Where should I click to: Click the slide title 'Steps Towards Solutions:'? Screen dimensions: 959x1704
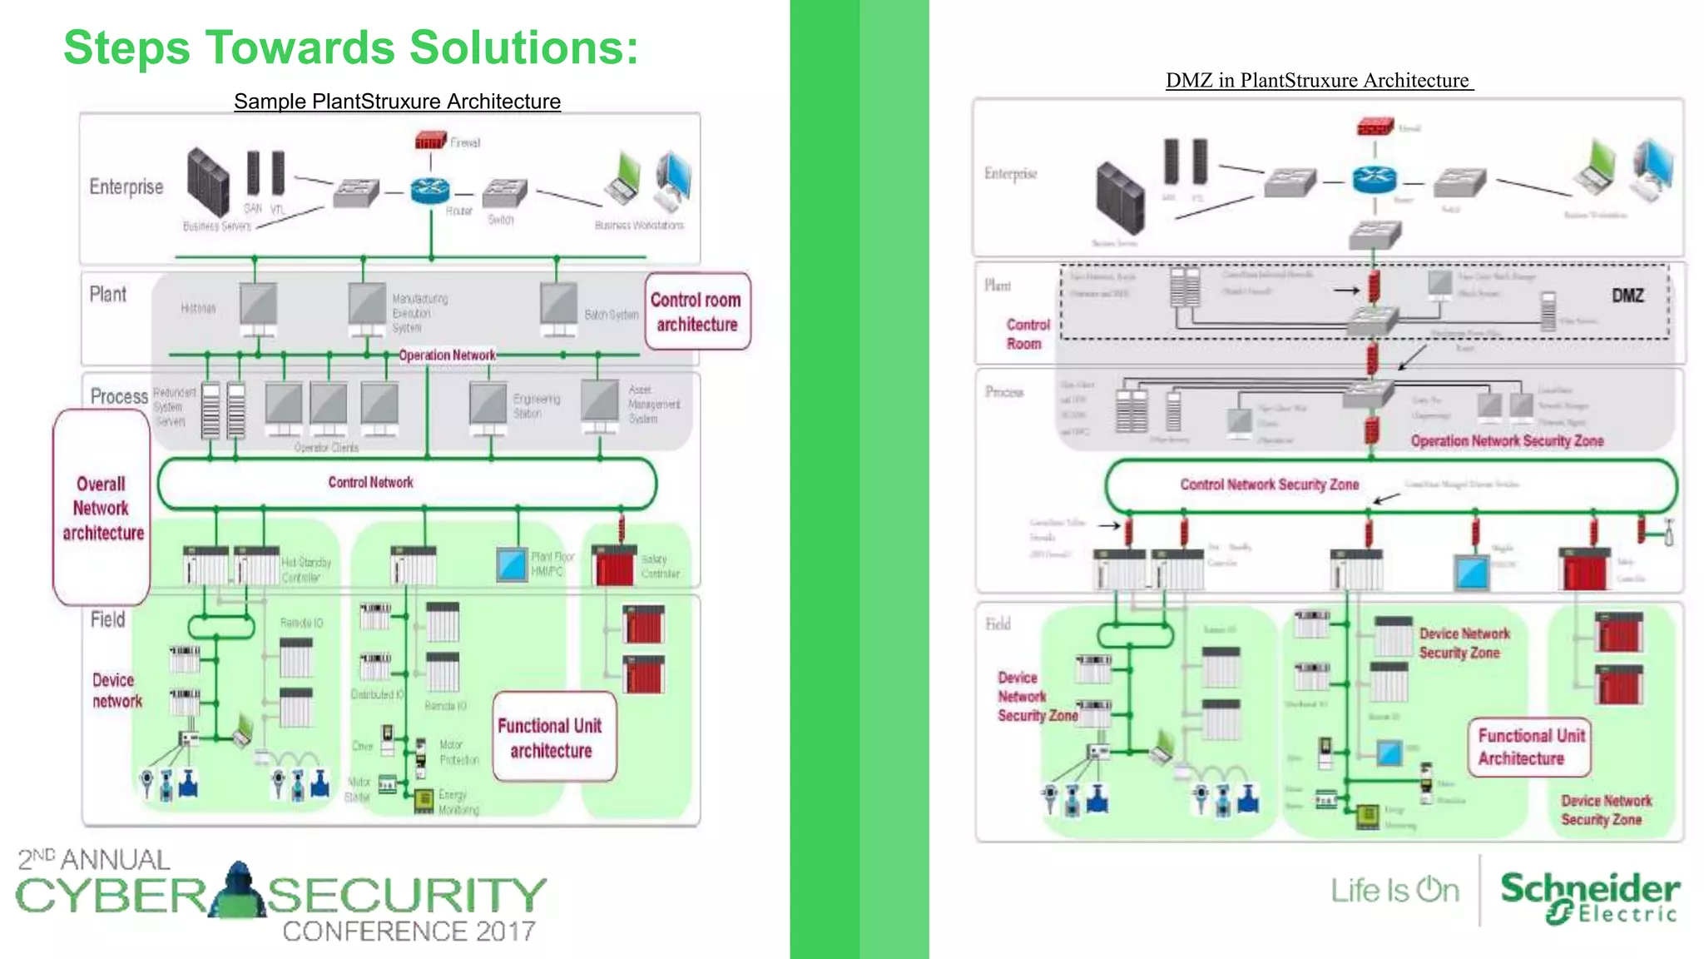tap(350, 47)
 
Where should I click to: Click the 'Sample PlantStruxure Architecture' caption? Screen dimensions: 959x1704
tap(397, 102)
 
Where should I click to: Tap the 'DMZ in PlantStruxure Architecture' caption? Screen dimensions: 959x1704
tap(1319, 81)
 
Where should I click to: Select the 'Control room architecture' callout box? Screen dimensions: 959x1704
tap(696, 311)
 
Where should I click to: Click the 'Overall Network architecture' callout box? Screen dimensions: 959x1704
tap(102, 508)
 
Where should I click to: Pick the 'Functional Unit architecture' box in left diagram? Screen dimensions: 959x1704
tap(552, 738)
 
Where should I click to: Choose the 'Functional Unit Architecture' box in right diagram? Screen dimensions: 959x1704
tap(1529, 747)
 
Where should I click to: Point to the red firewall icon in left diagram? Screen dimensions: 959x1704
tap(430, 140)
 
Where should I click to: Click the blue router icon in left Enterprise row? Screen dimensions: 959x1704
tap(430, 191)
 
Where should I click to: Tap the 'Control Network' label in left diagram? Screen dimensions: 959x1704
tap(370, 483)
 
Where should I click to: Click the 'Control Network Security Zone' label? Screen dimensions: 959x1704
tap(1269, 484)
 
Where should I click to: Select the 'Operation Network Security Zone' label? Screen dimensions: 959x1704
tap(1506, 441)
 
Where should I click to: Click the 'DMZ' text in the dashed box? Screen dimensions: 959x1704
tap(1627, 296)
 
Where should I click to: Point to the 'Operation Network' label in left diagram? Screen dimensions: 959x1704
tap(447, 355)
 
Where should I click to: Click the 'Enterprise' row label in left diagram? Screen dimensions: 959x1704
tap(126, 186)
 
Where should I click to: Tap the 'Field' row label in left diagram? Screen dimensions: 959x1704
tap(108, 619)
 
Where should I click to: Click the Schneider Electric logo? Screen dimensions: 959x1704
tap(1589, 897)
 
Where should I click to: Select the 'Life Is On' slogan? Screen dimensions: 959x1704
tap(1394, 891)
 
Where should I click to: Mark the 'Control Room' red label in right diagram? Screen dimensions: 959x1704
tap(1028, 334)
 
